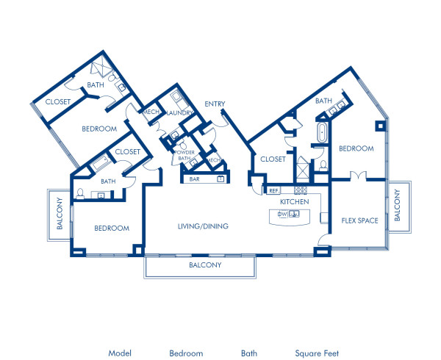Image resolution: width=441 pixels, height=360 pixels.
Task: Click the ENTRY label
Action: coord(215,104)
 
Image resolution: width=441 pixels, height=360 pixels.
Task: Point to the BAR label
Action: coord(195,179)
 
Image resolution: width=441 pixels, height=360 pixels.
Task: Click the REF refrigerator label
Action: coord(273,190)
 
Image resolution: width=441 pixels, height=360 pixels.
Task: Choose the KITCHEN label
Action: coord(293,201)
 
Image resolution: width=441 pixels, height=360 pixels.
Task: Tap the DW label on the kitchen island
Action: coord(282,215)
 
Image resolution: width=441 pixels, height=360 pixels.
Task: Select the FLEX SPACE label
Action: coord(358,220)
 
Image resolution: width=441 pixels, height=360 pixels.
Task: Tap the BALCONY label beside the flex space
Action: coord(397,205)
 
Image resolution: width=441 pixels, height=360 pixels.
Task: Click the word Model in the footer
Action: coord(120,353)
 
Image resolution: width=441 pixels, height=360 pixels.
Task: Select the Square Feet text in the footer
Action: coord(318,353)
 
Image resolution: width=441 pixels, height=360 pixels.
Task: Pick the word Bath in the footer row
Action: coord(249,353)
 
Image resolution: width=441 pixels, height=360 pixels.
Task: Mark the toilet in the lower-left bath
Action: coord(79,194)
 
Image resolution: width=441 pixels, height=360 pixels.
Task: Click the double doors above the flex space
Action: coord(357,176)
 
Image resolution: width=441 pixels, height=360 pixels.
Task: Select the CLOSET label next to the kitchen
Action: coord(273,158)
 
